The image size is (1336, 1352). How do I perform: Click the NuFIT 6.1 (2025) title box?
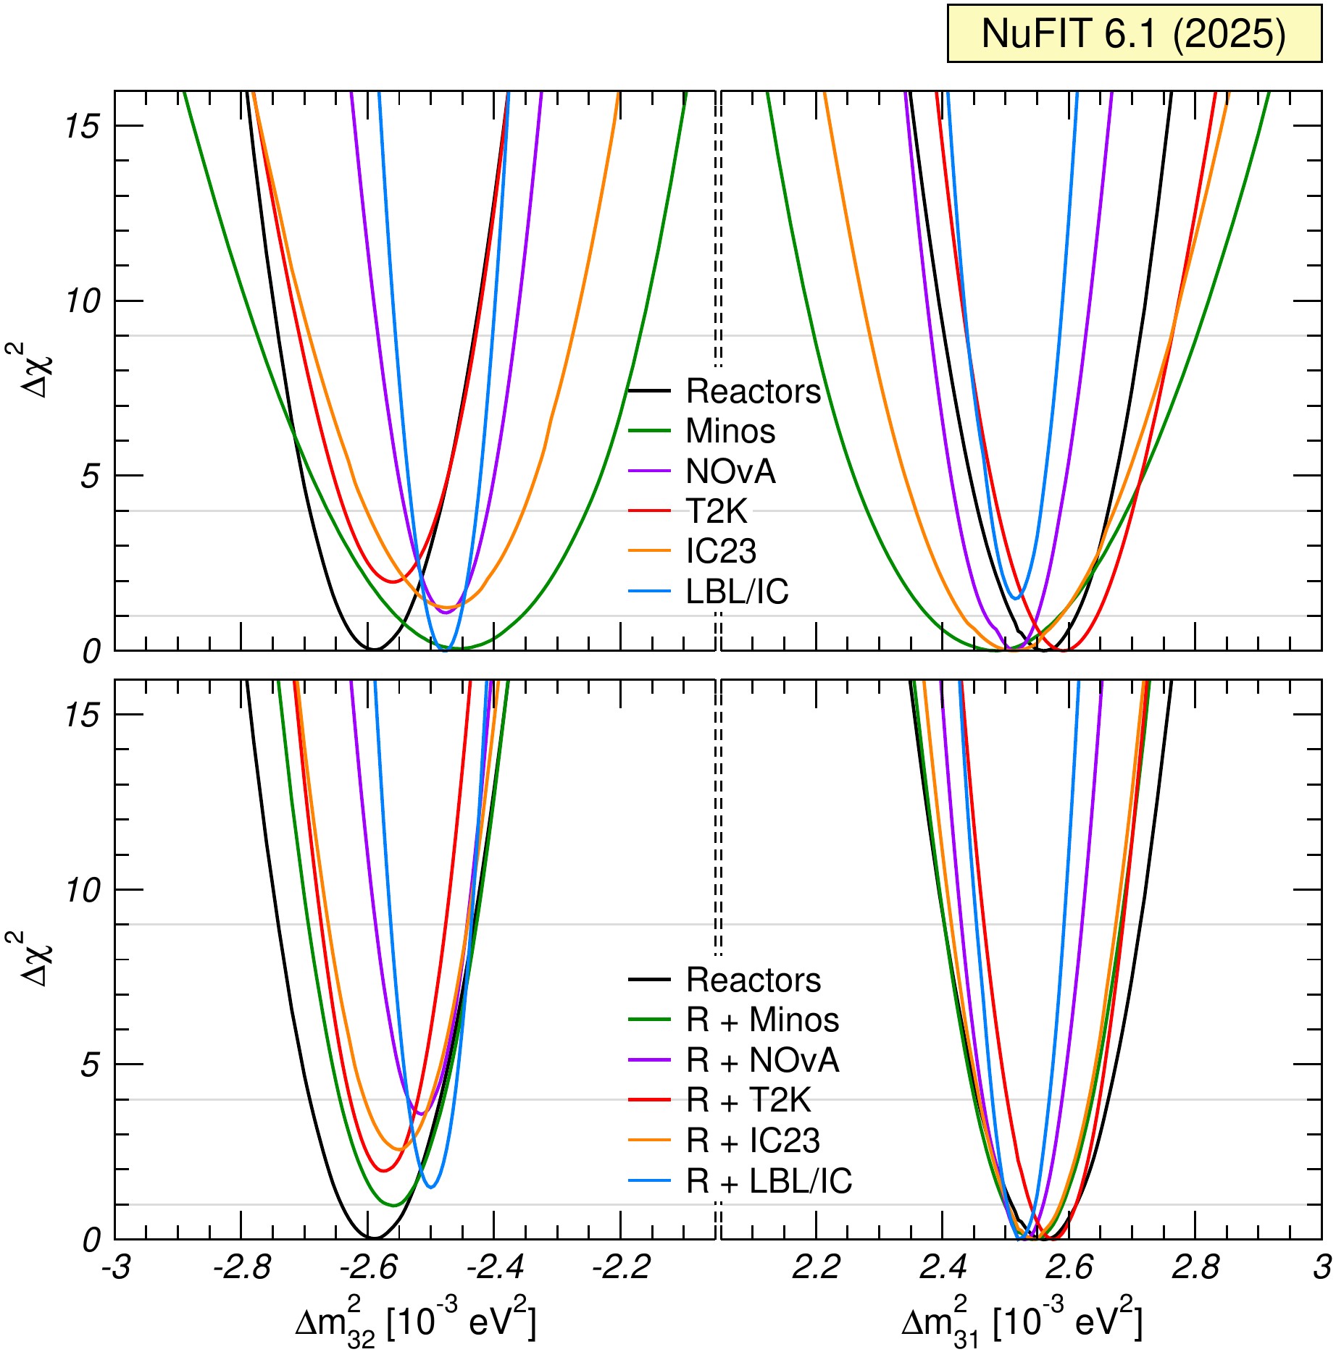pyautogui.click(x=1134, y=33)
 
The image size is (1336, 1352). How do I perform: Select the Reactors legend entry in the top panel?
pyautogui.click(x=753, y=392)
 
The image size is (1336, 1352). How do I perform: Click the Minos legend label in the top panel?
pyautogui.click(x=730, y=432)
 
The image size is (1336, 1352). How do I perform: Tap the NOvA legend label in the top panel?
pyautogui.click(x=730, y=472)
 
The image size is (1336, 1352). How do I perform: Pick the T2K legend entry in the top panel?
pyautogui.click(x=716, y=512)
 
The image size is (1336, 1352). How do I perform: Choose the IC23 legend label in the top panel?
pyautogui.click(x=721, y=552)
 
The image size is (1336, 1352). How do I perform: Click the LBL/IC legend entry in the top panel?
pyautogui.click(x=737, y=592)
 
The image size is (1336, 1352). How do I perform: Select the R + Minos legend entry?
pyautogui.click(x=762, y=1020)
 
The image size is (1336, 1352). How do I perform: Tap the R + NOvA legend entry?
pyautogui.click(x=762, y=1061)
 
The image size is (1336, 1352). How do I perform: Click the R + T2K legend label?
pyautogui.click(x=748, y=1101)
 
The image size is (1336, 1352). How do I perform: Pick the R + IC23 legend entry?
pyautogui.click(x=753, y=1141)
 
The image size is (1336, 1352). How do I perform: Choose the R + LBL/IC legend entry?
pyautogui.click(x=769, y=1182)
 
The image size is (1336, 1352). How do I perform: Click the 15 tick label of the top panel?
pyautogui.click(x=81, y=127)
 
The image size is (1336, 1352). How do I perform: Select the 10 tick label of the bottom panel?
pyautogui.click(x=81, y=891)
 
